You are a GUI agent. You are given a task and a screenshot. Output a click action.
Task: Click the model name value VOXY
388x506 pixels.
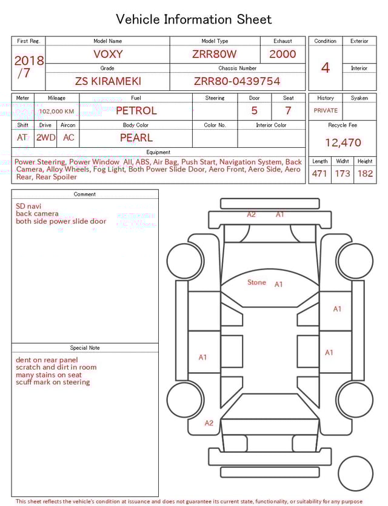coord(107,54)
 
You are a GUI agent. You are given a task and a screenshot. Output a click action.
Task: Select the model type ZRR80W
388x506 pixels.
coord(214,54)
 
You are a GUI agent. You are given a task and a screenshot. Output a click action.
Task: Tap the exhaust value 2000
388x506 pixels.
coord(283,54)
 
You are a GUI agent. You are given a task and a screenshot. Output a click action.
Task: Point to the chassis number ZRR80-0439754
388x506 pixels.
coord(237,81)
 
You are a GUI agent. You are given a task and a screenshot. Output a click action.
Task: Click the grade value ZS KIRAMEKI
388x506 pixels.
coord(107,81)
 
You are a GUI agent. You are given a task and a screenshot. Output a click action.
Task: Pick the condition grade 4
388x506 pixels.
coord(326,67)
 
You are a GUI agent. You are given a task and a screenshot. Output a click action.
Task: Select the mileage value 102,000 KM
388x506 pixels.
coord(56,112)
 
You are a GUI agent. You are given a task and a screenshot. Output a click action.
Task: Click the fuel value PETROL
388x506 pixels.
coord(136,110)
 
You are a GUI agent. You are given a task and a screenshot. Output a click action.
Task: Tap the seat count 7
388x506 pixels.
coord(288,111)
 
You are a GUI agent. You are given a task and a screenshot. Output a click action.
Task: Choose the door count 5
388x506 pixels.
coord(254,111)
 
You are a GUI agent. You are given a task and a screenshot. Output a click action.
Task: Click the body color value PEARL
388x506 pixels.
coord(136,138)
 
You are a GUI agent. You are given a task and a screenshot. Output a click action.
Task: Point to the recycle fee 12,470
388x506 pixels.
coord(343,143)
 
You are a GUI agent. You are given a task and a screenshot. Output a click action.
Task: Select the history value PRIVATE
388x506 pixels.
coord(326,111)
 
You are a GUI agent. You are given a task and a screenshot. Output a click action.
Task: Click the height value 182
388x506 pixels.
coord(365,174)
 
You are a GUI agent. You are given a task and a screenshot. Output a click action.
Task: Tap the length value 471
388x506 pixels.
coord(319,174)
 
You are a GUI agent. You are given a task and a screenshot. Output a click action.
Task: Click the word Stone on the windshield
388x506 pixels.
coord(256,282)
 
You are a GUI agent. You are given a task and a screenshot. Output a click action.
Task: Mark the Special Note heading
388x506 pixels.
coord(85,348)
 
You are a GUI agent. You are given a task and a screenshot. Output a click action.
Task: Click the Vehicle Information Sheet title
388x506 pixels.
coord(194,19)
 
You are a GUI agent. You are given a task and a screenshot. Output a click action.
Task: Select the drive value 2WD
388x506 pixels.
coord(45,138)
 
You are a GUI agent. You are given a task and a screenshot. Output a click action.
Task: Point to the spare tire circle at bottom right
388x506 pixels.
coord(355,473)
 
